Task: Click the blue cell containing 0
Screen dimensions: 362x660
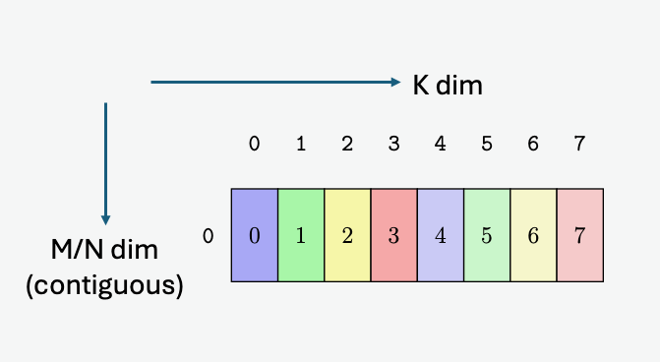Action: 255,236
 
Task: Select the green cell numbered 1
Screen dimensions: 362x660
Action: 301,236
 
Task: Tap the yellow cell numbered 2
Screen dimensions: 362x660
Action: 347,236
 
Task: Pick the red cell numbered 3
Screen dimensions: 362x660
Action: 394,236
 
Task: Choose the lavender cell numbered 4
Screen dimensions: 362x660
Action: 441,236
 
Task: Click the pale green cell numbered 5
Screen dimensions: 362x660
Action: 487,236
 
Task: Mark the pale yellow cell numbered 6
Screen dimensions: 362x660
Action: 533,236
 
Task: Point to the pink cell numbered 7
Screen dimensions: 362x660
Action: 579,236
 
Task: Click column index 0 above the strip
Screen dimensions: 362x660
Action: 255,144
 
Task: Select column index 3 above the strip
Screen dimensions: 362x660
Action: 394,144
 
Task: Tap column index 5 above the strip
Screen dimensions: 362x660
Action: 487,144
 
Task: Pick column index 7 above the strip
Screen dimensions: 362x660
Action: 579,144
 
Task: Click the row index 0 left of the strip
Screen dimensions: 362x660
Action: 208,236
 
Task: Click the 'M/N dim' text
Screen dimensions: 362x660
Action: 105,252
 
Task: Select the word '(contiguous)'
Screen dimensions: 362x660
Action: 105,286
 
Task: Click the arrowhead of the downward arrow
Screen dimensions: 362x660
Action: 105,220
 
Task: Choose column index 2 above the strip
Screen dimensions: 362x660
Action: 347,144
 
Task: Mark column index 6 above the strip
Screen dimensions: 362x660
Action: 533,144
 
